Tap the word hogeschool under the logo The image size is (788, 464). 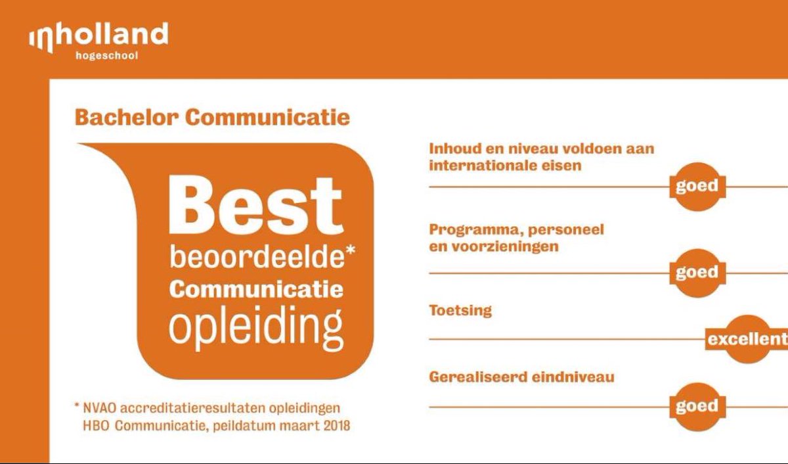tap(107, 56)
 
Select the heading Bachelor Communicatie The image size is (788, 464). tap(212, 118)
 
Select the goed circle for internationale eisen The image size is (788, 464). tap(697, 186)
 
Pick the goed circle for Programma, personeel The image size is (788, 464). tap(697, 272)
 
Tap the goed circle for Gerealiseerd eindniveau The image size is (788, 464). tap(697, 406)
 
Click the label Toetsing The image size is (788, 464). tap(460, 310)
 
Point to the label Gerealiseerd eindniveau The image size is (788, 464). tap(521, 377)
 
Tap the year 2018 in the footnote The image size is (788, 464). tap(335, 425)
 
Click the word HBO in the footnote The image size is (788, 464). tap(94, 425)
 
